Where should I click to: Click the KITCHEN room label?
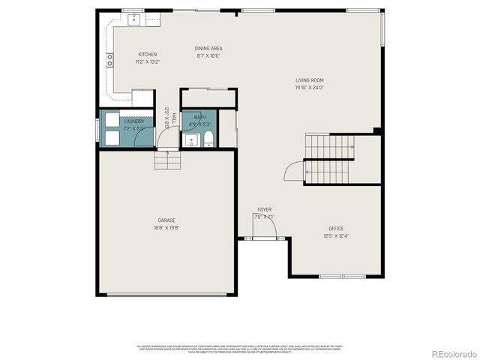[147, 54]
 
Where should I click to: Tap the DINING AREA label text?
[208, 49]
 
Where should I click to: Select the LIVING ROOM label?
[308, 80]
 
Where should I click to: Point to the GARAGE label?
[166, 220]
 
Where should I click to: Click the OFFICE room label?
[335, 228]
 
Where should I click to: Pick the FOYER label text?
[265, 209]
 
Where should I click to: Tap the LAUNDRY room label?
[134, 121]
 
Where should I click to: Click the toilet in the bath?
[208, 139]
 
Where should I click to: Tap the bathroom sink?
[190, 140]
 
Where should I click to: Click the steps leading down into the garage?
[166, 160]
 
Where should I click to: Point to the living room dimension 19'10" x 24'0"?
[308, 87]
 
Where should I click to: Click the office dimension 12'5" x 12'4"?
[335, 235]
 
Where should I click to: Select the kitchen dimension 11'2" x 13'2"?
[147, 61]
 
